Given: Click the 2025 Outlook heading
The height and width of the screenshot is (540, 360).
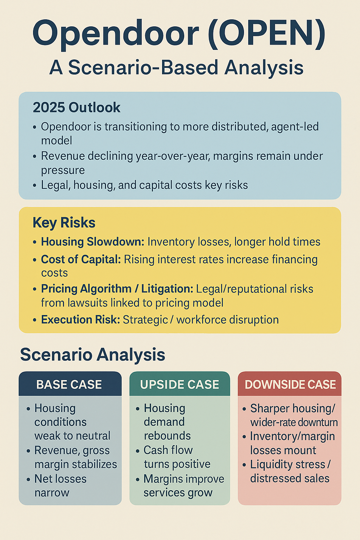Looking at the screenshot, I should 77,108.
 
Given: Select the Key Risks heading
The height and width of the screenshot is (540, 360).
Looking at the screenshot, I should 64,223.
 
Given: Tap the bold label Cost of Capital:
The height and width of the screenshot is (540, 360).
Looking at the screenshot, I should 81,259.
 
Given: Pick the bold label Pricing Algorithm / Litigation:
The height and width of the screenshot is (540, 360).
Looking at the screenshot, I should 117,289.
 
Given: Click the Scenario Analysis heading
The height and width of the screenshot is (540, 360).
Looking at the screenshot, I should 92,355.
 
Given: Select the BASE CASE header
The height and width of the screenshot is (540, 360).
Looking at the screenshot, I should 69,385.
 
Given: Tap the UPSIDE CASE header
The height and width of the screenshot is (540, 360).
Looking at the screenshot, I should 180,385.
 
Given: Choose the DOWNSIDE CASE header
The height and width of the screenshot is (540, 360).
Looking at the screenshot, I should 290,385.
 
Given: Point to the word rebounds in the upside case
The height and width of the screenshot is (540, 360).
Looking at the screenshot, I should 167,436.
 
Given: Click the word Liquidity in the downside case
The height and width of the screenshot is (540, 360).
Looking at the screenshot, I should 268,464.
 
